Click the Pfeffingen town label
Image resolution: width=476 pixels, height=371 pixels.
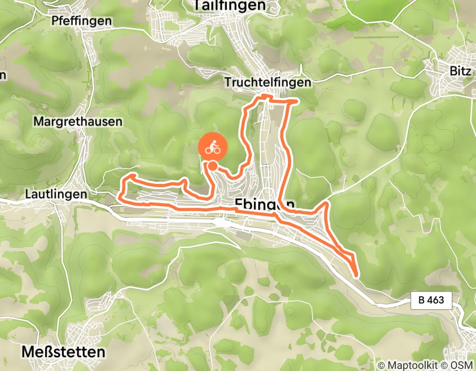coord(82,21)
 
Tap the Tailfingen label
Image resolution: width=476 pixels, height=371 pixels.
coord(229,5)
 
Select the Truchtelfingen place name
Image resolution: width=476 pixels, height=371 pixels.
coord(267,83)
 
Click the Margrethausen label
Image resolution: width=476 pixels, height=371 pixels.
coord(77,121)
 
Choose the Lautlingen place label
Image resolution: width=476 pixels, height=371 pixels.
coord(56,195)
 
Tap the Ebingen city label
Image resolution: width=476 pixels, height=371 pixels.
coord(264,204)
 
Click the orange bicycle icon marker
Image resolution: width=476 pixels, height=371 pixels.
coord(213,148)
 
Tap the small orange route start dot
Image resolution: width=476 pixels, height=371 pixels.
coord(212,166)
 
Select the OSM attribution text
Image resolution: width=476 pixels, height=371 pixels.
coord(463,365)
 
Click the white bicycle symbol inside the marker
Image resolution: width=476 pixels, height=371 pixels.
coord(213,148)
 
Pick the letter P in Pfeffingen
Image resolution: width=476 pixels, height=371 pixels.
coord(55,21)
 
